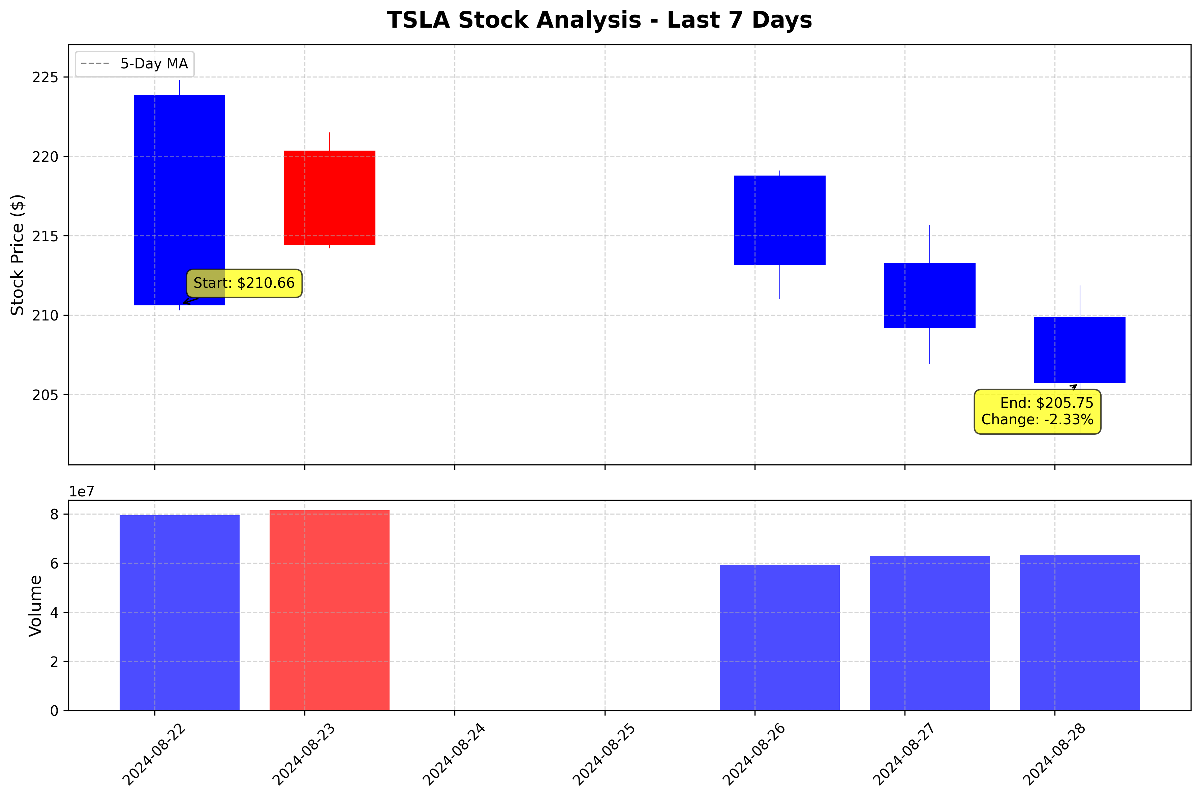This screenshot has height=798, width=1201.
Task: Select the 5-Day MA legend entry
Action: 134,64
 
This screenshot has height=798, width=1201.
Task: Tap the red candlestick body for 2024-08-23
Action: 329,197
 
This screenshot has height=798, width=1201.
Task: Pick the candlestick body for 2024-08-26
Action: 779,220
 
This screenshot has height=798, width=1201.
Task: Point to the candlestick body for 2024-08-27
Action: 929,295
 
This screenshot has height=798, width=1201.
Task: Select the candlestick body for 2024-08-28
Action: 1079,350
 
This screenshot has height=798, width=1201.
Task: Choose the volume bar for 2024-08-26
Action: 779,637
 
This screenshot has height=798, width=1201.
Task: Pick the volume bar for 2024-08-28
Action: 1079,632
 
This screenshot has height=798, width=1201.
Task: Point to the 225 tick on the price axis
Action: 45,78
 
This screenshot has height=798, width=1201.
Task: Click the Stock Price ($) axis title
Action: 18,254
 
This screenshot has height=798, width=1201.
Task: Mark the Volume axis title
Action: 35,606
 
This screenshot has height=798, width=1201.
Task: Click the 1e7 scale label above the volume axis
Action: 82,492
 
